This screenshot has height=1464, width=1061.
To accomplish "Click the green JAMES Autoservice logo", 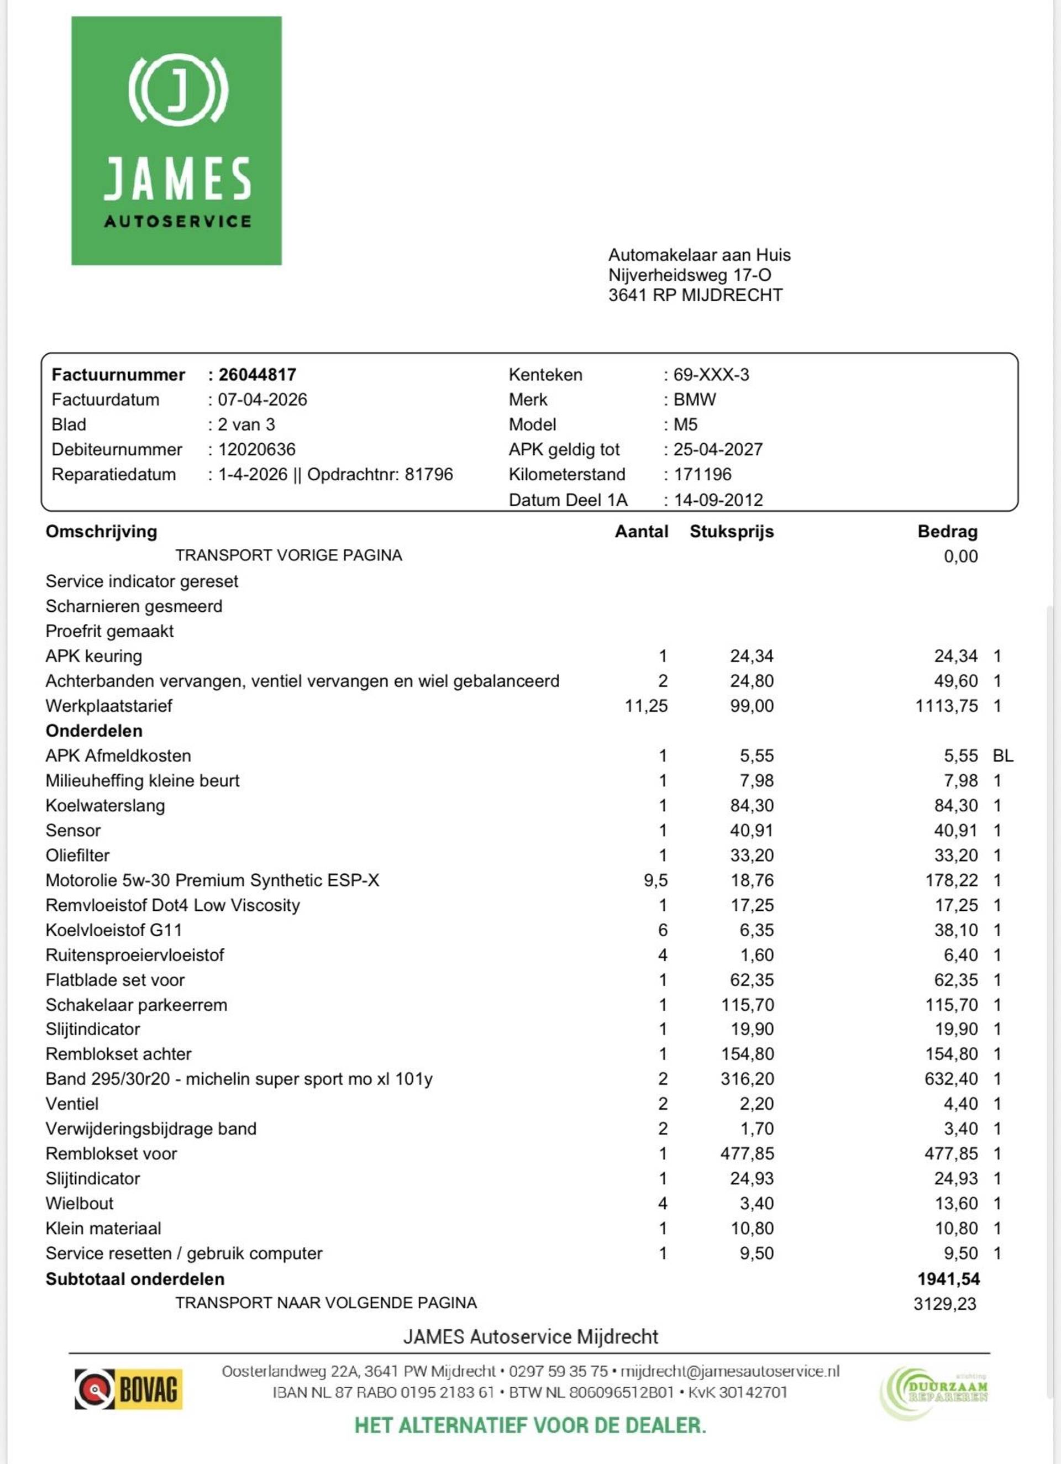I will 176,141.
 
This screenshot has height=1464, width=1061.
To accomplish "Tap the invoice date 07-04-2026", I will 262,400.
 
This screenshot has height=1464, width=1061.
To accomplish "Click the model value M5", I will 685,425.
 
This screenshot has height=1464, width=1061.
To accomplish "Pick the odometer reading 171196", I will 702,474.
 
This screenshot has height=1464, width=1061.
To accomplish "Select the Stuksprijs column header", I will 731,531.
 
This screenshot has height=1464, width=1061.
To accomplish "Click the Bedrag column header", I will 947,531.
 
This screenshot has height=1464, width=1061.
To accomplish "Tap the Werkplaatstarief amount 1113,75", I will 946,706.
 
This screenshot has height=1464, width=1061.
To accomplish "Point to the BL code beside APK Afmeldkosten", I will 1003,756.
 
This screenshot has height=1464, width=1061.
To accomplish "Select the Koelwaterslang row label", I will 105,806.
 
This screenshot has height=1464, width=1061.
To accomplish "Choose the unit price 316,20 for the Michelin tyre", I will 747,1079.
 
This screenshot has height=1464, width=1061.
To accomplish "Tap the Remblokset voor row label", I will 111,1153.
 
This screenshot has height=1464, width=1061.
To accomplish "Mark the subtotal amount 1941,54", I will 948,1279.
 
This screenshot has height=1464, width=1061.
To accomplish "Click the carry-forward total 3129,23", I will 945,1304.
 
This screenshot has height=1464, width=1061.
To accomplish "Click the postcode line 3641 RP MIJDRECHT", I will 695,295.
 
